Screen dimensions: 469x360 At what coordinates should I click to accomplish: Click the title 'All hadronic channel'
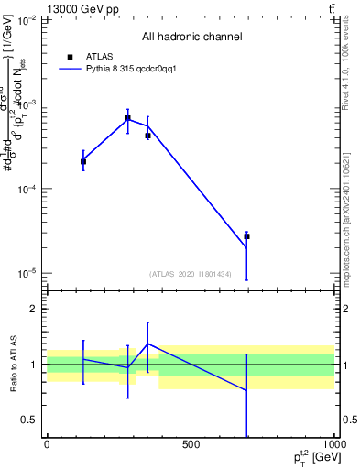click(191, 37)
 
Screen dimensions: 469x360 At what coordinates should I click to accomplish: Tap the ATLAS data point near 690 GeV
click(246, 236)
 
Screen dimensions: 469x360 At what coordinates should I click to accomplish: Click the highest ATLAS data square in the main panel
click(127, 119)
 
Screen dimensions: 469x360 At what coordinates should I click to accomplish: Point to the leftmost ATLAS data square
click(83, 161)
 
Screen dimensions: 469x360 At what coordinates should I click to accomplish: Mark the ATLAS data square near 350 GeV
click(147, 136)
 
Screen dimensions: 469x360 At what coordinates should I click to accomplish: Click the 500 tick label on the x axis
click(191, 444)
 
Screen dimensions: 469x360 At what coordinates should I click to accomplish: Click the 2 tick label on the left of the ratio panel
click(34, 310)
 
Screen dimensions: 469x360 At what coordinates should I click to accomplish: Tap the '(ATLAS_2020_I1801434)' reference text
click(190, 274)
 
